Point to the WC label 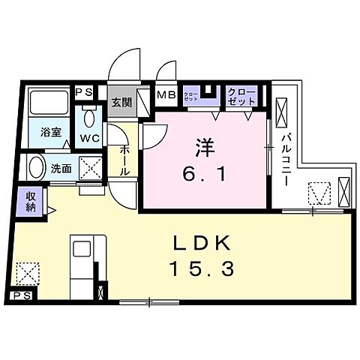[x=91, y=139]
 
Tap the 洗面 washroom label [x=61, y=169]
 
